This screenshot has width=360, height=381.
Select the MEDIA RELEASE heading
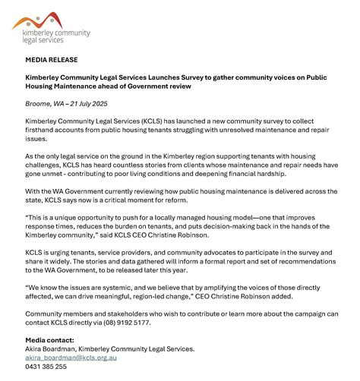[51, 59]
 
